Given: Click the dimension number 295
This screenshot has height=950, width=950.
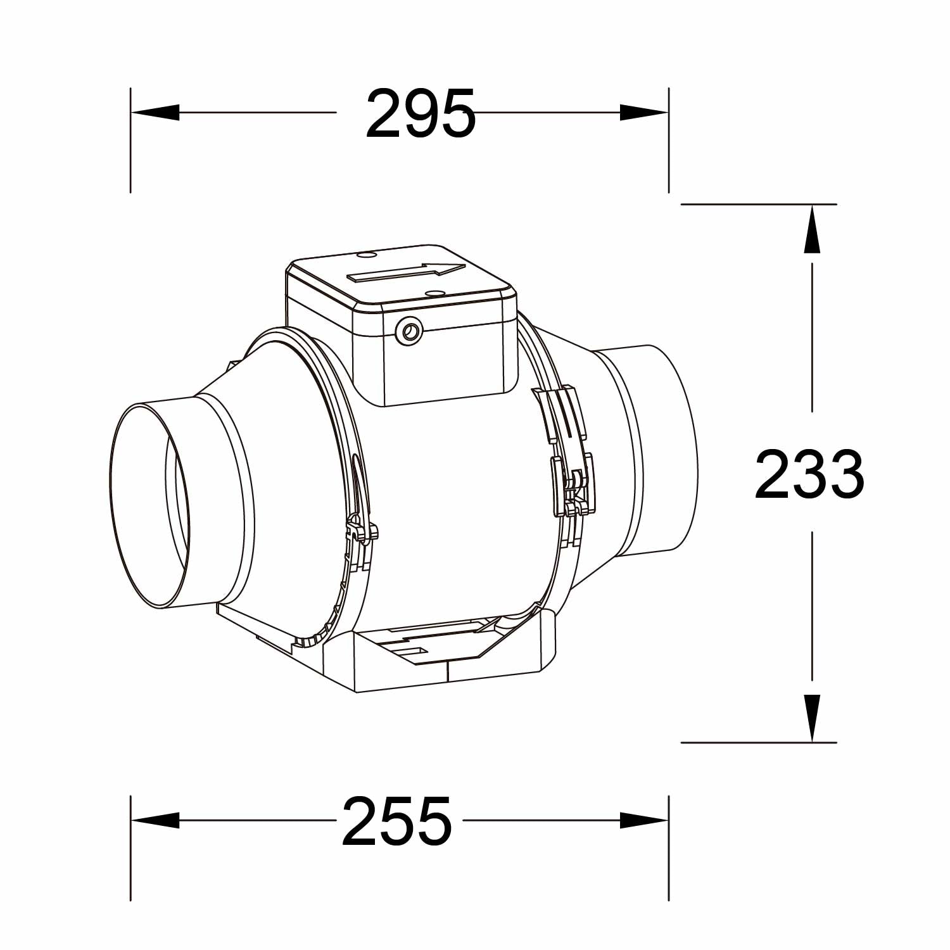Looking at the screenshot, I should point(421,114).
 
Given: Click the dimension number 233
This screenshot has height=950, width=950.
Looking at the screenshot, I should point(809,474).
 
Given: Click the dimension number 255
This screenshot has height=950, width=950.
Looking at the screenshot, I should point(397,821).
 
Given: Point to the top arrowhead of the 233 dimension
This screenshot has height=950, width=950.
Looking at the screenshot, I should point(812,229).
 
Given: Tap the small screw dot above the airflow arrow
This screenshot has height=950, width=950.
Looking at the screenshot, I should point(366,255).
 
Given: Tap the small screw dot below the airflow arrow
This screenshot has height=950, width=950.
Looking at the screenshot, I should point(434,293).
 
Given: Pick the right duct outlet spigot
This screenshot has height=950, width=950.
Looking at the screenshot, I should point(659,450).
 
